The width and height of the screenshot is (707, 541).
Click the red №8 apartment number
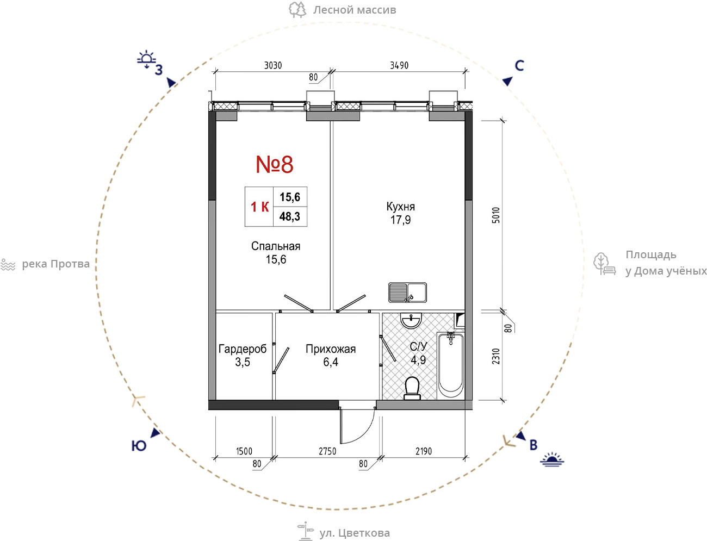click(275, 165)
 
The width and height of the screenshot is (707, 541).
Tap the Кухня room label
click(400, 207)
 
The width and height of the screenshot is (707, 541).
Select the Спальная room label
click(276, 246)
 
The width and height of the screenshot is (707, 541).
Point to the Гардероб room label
click(243, 349)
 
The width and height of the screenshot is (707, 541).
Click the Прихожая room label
click(331, 349)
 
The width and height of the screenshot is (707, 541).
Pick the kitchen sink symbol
click(408, 293)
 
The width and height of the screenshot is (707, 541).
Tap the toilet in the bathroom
click(412, 388)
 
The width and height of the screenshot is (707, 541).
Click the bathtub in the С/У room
click(451, 366)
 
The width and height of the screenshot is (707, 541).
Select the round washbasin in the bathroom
click(411, 320)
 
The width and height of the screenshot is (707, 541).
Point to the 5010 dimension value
click(496, 215)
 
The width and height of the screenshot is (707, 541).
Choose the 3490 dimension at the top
click(399, 65)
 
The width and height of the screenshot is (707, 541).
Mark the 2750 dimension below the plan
click(327, 451)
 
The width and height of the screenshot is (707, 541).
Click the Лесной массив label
click(355, 10)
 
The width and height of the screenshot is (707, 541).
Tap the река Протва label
click(55, 264)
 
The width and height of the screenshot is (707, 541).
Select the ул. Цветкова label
click(355, 533)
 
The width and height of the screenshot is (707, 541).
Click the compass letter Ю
click(139, 446)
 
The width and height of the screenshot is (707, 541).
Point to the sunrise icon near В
click(552, 459)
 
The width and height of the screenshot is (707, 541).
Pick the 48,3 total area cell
click(290, 216)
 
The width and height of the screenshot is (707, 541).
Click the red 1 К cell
click(259, 207)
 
